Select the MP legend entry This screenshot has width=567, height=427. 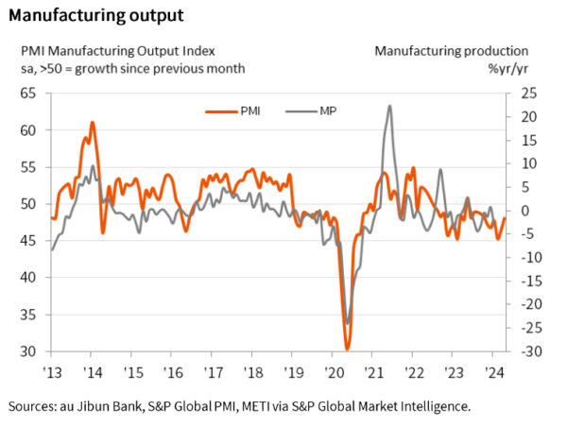[x=312, y=111]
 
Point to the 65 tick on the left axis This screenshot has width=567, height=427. [x=26, y=93]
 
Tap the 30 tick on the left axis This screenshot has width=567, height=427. [x=26, y=351]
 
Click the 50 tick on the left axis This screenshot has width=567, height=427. [x=26, y=203]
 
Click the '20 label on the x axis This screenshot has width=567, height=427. [x=335, y=371]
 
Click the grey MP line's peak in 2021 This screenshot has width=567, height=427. [x=390, y=106]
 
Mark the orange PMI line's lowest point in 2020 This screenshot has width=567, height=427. [x=347, y=349]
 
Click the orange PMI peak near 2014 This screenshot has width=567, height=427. [x=92, y=122]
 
